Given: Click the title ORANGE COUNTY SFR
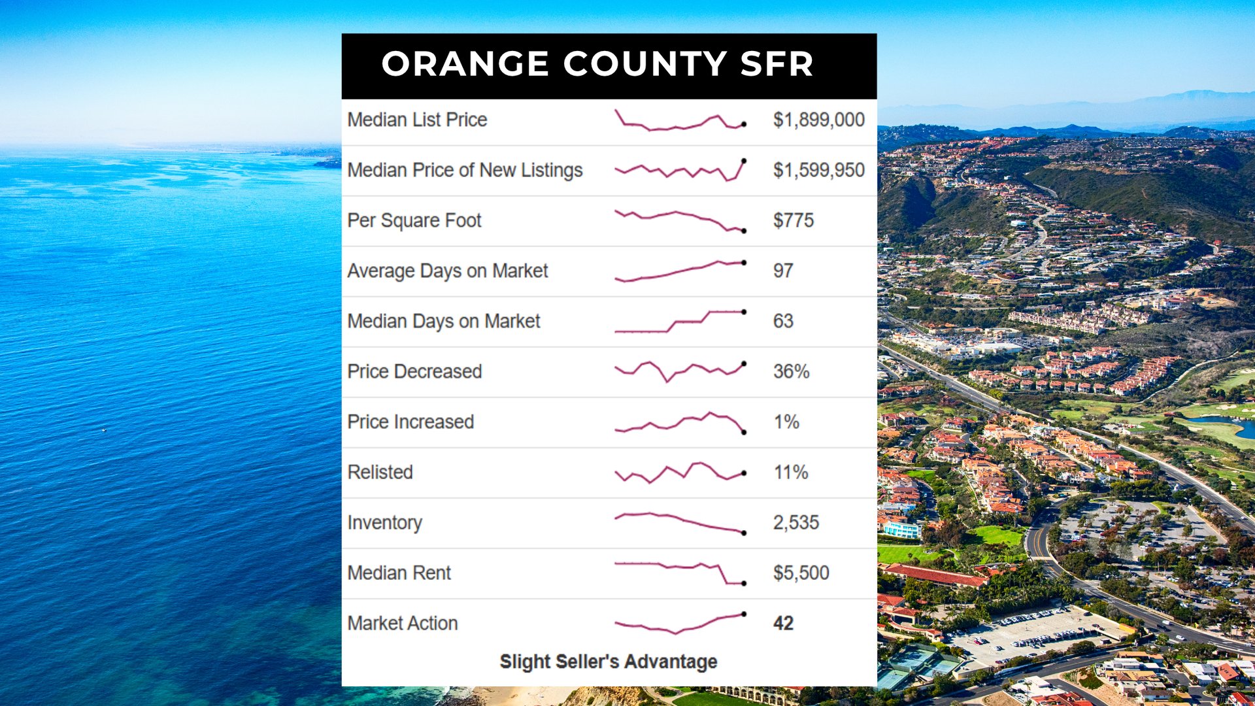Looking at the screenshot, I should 597,64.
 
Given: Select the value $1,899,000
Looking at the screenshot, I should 818,120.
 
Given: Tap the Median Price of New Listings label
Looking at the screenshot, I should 465,170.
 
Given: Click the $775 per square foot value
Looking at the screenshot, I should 794,220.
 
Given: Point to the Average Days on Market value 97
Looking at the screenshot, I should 783,271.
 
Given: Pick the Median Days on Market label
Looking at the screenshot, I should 444,321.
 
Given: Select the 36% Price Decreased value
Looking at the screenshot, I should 791,371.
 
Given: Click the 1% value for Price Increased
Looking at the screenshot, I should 786,422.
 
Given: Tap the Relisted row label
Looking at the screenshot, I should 380,472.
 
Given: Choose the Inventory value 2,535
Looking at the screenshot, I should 795,522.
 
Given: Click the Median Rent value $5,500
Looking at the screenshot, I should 801,573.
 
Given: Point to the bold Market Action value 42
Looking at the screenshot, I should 783,623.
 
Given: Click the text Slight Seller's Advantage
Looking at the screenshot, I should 609,662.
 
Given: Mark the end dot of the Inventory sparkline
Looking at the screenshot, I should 744,533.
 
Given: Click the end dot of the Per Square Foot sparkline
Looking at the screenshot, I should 744,231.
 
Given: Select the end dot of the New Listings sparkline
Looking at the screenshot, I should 744,161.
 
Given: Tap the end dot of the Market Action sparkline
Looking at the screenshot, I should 744,614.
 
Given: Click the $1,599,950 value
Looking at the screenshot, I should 818,170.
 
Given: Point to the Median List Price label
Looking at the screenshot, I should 417,120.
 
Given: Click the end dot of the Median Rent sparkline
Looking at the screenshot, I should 744,583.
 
